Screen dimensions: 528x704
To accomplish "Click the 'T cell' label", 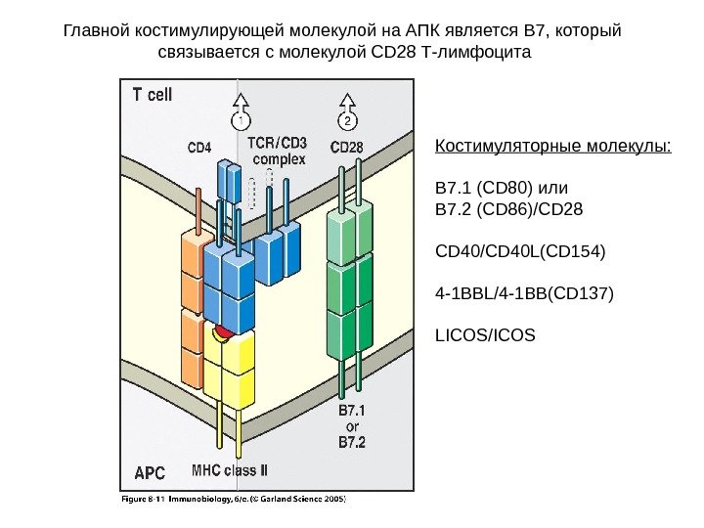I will pyautogui.click(x=153, y=95).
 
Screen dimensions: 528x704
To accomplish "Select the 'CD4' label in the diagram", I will pyautogui.click(x=198, y=148).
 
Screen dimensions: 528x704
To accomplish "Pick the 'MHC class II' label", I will pyautogui.click(x=230, y=470).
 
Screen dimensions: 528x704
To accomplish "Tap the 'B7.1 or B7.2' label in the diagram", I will pyautogui.click(x=352, y=427).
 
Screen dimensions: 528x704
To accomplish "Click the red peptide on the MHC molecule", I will pyautogui.click(x=225, y=333).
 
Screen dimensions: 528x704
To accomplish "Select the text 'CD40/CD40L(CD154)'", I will pyautogui.click(x=520, y=252).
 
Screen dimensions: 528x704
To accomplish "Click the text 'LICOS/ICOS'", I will pyautogui.click(x=485, y=334).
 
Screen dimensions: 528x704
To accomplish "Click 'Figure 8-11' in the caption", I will pyautogui.click(x=137, y=497).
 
